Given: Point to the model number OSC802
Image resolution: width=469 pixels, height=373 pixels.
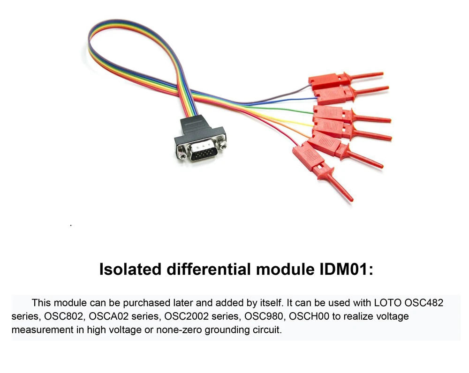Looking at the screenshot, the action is pyautogui.click(x=61, y=316).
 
